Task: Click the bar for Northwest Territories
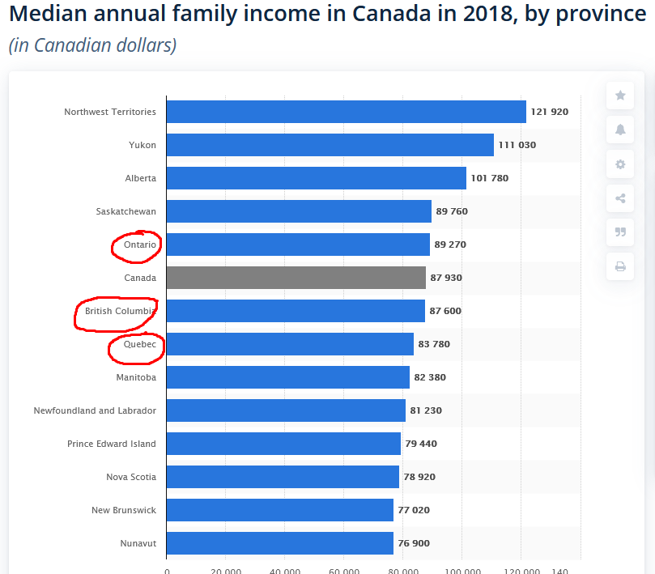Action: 346,112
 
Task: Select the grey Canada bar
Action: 296,278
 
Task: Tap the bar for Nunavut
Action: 279,543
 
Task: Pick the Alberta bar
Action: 316,178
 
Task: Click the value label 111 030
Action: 517,145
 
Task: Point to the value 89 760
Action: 452,211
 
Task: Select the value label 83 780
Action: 434,344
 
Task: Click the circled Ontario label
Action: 140,244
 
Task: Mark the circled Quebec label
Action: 140,344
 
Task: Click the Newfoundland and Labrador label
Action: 95,410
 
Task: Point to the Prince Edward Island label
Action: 112,444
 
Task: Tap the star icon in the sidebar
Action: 620,96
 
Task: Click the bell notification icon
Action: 620,130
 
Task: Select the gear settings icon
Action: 620,164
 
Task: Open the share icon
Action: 620,198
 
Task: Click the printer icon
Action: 620,266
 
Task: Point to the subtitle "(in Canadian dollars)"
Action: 92,45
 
